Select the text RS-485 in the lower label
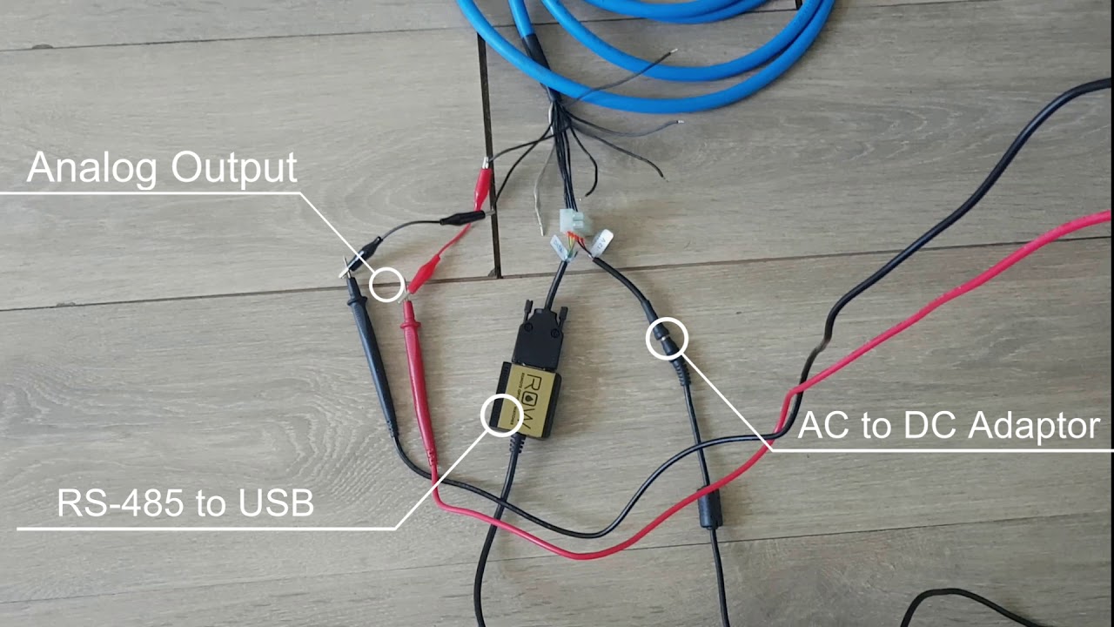click(121, 503)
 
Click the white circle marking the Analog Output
click(386, 285)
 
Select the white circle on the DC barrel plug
click(667, 339)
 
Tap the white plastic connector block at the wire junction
click(575, 224)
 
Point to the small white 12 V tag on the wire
click(602, 243)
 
